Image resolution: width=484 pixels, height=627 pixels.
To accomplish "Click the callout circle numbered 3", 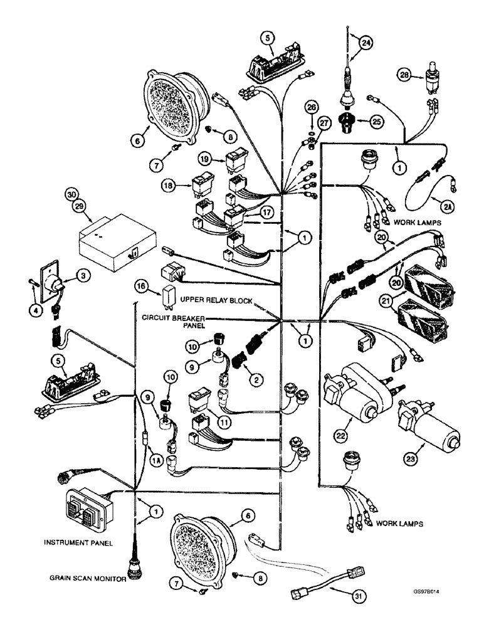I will [80, 275].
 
